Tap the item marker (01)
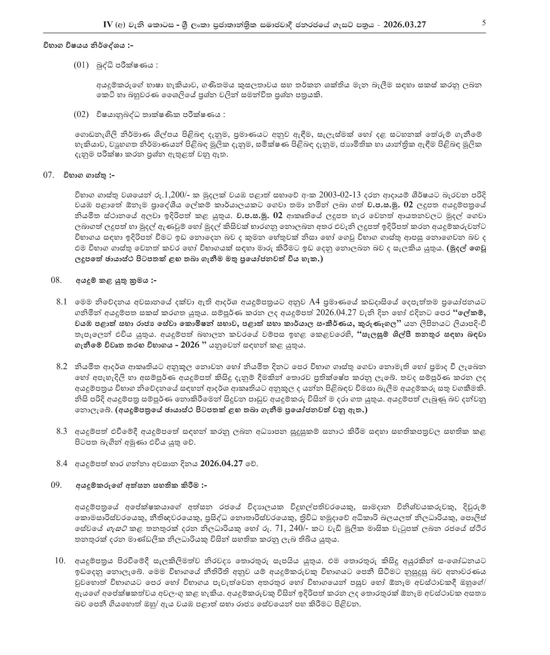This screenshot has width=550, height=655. tap(81, 65)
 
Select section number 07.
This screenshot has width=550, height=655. tap(48, 175)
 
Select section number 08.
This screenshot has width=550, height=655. tap(56, 280)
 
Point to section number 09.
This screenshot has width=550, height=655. tap(56, 485)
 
